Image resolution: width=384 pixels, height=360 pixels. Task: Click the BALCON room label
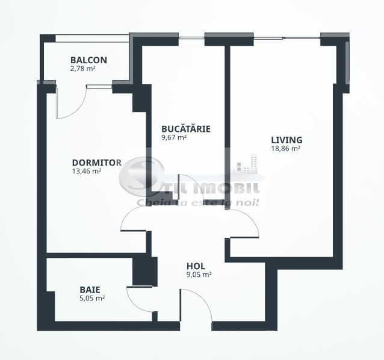click(88, 60)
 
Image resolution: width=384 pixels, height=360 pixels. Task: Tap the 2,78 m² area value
click(83, 69)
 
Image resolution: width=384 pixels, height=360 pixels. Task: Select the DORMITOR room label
click(96, 163)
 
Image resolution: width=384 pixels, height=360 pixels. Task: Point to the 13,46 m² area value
click(86, 171)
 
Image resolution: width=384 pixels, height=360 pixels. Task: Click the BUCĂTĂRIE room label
click(185, 129)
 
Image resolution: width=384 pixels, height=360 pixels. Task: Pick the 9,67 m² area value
click(174, 137)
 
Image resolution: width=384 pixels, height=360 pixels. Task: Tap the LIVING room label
click(286, 140)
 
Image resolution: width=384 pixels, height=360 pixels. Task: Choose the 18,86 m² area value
click(286, 149)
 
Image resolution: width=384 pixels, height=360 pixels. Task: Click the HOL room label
click(196, 265)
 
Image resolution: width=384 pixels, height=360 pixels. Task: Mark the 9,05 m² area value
click(199, 275)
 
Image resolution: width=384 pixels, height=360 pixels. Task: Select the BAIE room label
click(90, 288)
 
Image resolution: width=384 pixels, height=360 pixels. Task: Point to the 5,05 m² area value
click(92, 297)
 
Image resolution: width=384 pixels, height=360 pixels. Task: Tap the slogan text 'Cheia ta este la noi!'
click(198, 202)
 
